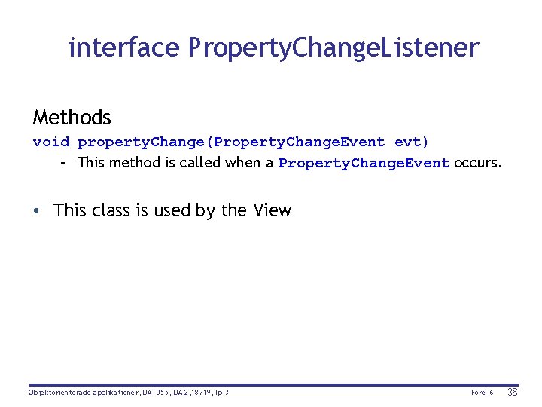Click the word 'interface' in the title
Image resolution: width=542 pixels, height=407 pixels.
coord(123,47)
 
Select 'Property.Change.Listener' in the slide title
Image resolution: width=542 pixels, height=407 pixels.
coord(333,48)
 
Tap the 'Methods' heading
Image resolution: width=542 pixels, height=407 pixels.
coord(72,118)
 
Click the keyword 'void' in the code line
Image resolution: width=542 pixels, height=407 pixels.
coord(51,142)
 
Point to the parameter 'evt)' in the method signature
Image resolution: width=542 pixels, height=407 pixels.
coord(412,142)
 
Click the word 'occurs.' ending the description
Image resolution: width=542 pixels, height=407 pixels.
coord(477,162)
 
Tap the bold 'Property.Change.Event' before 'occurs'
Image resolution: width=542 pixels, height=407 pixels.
coord(364,163)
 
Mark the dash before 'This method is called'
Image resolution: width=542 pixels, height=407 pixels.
coord(65,162)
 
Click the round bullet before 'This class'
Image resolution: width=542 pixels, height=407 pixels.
coord(37,210)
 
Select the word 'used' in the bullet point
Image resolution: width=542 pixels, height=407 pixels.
coord(172,210)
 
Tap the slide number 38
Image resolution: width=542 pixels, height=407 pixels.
coord(513,392)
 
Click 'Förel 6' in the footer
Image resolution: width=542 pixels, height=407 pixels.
coord(482,393)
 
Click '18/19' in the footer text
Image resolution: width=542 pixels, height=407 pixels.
coord(196,393)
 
